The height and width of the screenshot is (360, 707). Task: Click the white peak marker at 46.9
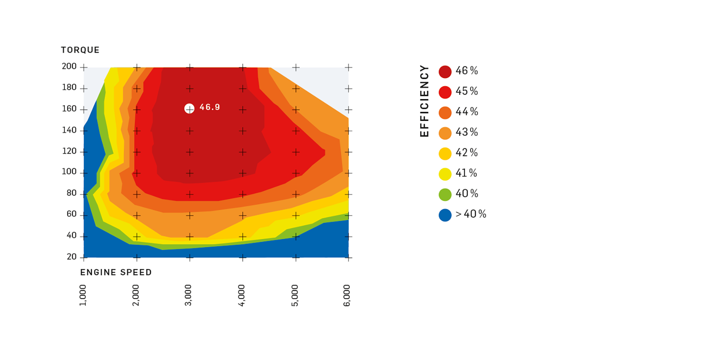[x=189, y=108]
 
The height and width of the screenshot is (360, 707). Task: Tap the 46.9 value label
[x=210, y=107]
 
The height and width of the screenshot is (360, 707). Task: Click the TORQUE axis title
[x=80, y=50]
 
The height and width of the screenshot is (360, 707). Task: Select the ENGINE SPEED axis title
[x=116, y=273]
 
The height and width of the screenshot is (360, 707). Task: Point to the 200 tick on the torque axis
[x=69, y=67]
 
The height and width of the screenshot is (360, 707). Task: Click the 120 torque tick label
[x=69, y=151]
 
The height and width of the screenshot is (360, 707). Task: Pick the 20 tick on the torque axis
[x=72, y=257]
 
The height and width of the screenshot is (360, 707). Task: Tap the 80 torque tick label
[x=72, y=193]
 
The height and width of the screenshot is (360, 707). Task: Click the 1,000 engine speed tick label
[x=83, y=295]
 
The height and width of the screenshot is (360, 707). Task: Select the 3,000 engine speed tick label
[x=188, y=295]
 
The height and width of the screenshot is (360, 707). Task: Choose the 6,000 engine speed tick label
[x=347, y=295]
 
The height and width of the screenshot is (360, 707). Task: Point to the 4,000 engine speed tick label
[x=241, y=295]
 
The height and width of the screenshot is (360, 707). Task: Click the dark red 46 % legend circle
[x=445, y=72]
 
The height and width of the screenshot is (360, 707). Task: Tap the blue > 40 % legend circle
[x=445, y=215]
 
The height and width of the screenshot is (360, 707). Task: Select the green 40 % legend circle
[x=445, y=194]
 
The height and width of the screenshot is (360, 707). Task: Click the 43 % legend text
[x=467, y=132]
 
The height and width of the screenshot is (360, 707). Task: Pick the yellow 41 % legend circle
[x=445, y=174]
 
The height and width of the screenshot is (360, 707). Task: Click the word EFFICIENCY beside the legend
[x=425, y=101]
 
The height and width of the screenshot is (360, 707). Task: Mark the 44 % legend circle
[x=445, y=113]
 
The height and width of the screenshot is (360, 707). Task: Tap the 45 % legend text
[x=467, y=91]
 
